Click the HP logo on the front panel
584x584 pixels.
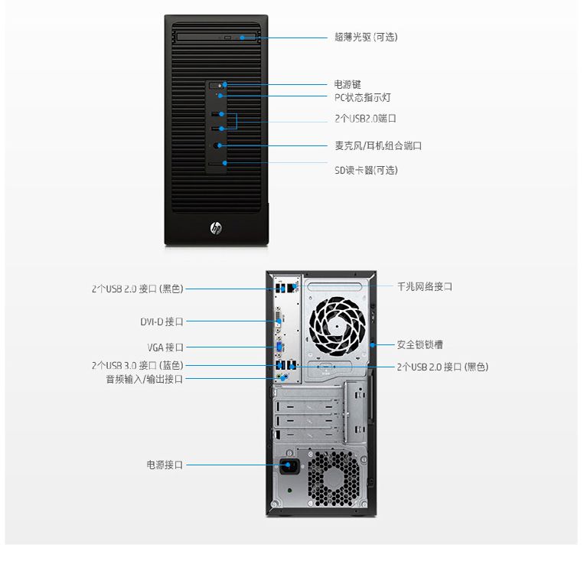coord(216,228)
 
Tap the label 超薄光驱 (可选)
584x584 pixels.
coord(366,37)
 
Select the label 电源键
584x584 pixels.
coord(347,84)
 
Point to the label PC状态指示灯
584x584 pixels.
coord(363,97)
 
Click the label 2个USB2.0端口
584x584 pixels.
coord(365,119)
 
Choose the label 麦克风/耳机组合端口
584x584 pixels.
coord(378,145)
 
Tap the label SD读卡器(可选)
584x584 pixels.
coord(366,170)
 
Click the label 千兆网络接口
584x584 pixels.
coord(424,286)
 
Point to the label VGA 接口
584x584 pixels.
coord(165,347)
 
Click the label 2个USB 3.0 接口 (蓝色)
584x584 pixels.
coord(137,365)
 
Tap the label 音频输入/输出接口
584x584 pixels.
coord(144,379)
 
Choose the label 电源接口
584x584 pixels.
coord(165,465)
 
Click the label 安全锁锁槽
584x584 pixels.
coord(419,344)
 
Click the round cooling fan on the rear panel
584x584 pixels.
coord(337,325)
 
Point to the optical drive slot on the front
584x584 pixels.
coord(216,36)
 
